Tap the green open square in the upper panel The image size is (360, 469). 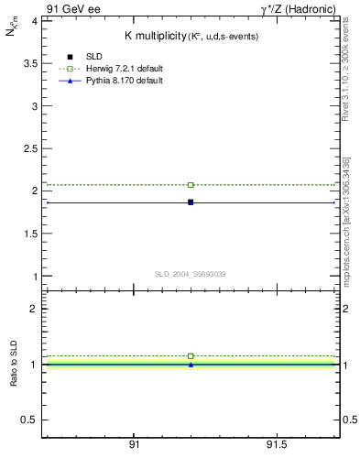[x=191, y=185]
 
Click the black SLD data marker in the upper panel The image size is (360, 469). [x=191, y=202]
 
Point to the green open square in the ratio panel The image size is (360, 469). [x=191, y=355]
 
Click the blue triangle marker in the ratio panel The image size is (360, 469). [x=191, y=365]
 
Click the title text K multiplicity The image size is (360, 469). [x=155, y=35]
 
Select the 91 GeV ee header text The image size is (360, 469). [x=73, y=8]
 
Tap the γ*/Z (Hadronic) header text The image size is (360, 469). [x=298, y=8]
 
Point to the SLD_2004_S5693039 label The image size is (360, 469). [x=191, y=274]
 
